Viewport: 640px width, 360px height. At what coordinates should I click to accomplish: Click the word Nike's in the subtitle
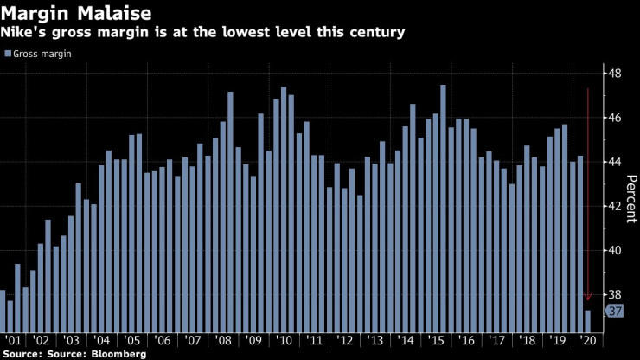point(25,33)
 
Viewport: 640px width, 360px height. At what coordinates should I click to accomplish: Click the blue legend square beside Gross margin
point(8,54)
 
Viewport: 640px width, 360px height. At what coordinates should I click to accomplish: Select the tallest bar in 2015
point(443,208)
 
